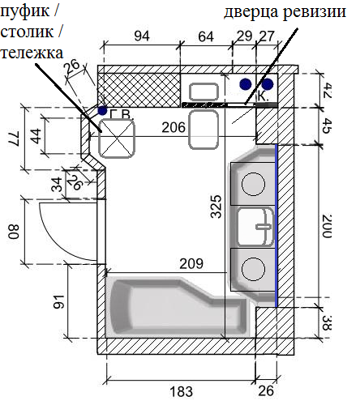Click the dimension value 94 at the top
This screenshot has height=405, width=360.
click(142, 36)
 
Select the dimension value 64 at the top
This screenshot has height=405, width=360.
click(206, 36)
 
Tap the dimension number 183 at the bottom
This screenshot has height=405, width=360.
click(182, 391)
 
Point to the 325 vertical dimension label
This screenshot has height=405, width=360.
click(216, 207)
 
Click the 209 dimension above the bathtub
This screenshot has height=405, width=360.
click(191, 264)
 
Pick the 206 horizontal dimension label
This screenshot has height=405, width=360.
click(174, 127)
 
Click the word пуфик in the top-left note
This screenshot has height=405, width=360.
click(25, 12)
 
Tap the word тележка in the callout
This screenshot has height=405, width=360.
click(32, 53)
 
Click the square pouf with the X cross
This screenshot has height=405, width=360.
click(117, 139)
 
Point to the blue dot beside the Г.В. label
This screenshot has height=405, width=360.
click(102, 110)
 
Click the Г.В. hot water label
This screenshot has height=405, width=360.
click(122, 114)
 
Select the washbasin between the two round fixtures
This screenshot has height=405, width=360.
click(255, 227)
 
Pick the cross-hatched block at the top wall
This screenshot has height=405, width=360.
click(139, 90)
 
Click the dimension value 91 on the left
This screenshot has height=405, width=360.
click(59, 302)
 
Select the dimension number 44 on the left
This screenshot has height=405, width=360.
click(36, 136)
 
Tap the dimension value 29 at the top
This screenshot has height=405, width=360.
click(244, 36)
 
